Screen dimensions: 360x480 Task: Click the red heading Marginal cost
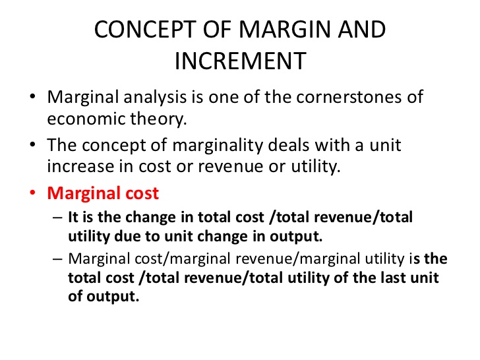pos(103,193)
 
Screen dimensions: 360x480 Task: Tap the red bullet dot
pos(33,194)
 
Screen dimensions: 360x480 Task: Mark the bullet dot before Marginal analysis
pos(33,98)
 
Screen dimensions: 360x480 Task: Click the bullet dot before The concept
pos(33,146)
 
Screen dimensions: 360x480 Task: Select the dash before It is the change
pos(56,217)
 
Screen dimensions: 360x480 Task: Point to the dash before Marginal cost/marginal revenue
pos(56,259)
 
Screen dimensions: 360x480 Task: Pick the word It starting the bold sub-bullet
pos(75,217)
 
